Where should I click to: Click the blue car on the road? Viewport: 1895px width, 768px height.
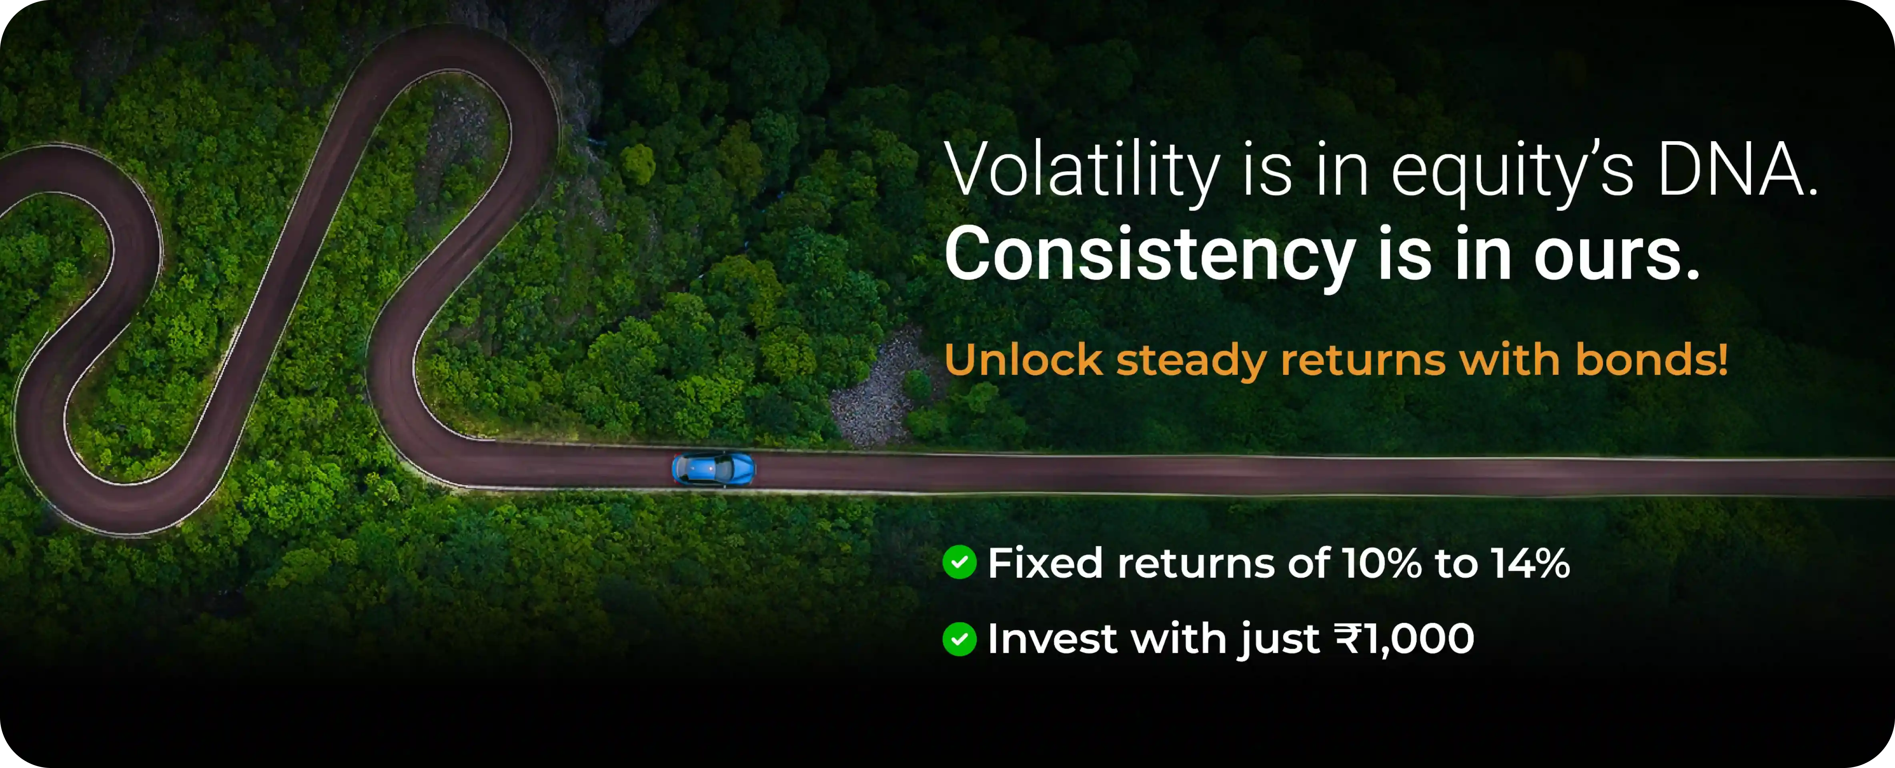713,468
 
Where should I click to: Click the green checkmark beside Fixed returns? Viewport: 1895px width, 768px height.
959,563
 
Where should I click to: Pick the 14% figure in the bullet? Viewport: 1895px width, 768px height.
1530,564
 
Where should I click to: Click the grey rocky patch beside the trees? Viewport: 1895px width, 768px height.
879,390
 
